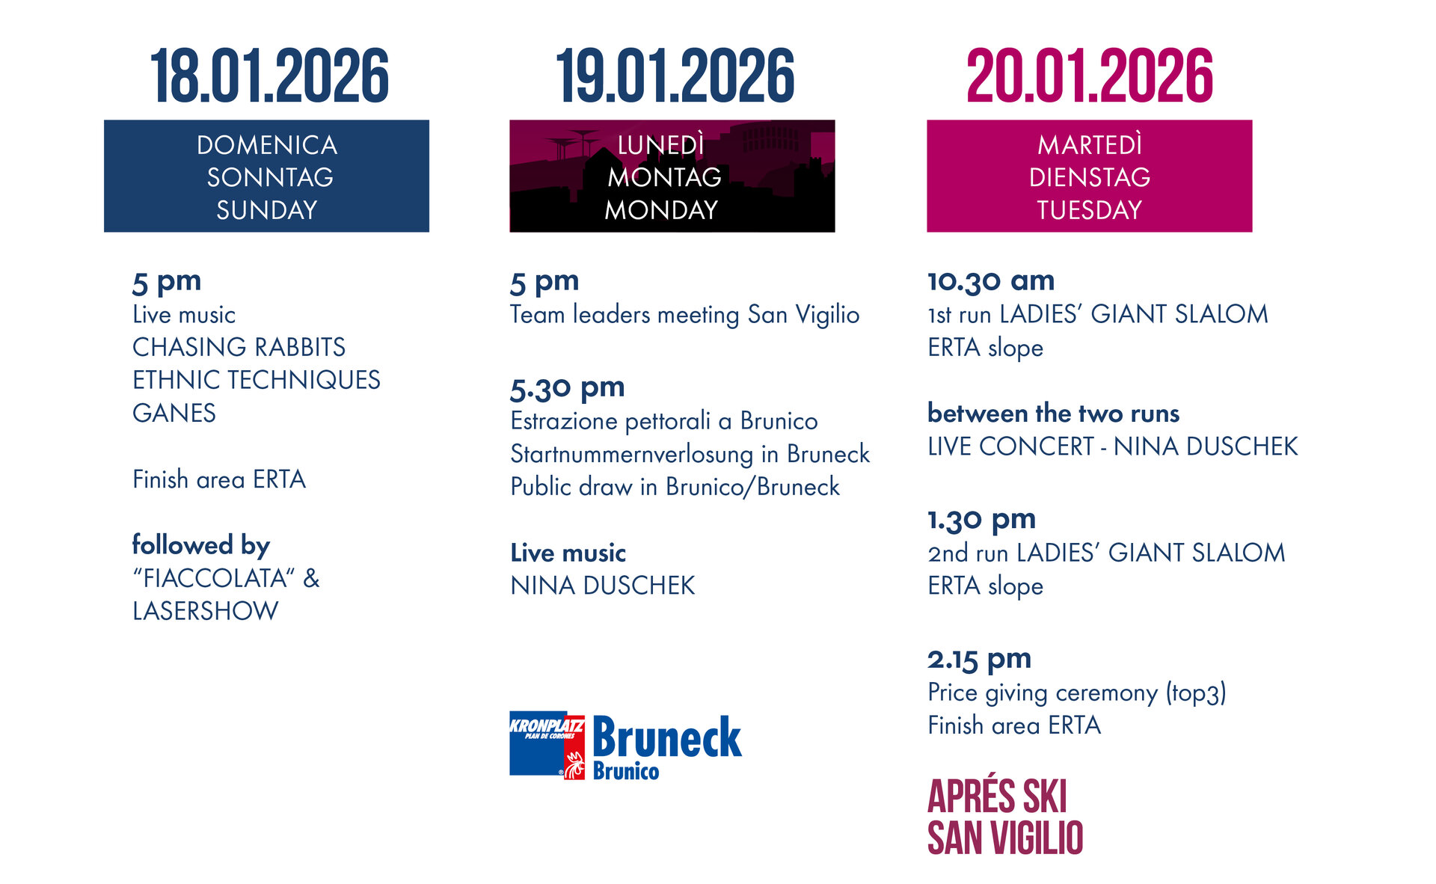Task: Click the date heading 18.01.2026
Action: point(269,76)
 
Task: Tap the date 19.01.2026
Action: point(675,76)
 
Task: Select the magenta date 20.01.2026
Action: point(1089,76)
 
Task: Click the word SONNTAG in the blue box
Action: point(270,177)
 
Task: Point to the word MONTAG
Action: point(664,177)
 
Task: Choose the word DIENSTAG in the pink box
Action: point(1089,177)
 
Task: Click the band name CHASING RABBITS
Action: point(239,347)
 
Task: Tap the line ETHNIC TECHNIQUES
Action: point(256,380)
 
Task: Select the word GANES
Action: point(174,413)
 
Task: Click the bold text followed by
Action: point(200,545)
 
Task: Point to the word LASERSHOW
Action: point(205,611)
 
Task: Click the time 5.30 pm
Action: point(567,388)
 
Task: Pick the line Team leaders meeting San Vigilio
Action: point(684,315)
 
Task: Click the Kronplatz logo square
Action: point(547,745)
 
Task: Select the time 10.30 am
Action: point(991,281)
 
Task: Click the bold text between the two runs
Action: point(1053,413)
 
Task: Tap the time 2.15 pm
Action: point(979,659)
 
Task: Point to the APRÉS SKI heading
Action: point(997,796)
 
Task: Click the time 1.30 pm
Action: point(981,519)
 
